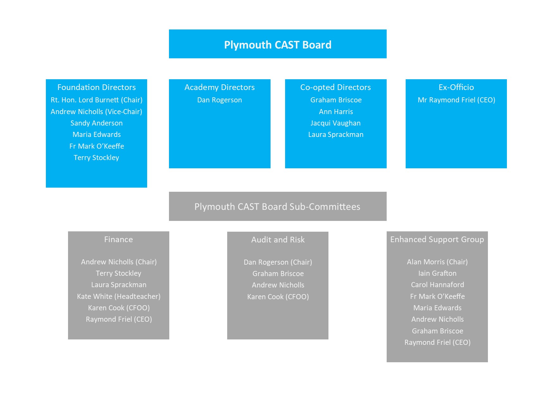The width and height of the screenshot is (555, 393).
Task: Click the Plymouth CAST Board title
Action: tap(277, 45)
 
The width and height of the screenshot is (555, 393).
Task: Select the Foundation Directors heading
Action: tap(97, 87)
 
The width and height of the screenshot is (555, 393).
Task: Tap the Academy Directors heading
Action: tap(220, 87)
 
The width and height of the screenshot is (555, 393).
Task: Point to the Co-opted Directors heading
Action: tap(335, 87)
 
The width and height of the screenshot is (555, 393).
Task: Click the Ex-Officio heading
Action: tap(456, 87)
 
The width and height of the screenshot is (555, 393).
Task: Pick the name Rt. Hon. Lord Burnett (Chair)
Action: tap(97, 100)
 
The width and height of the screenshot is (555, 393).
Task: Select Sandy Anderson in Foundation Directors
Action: tap(97, 123)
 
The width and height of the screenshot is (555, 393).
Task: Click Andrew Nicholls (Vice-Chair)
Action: tap(97, 112)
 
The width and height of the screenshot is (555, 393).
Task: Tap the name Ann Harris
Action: tap(336, 112)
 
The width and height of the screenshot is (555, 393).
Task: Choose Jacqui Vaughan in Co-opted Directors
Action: tap(335, 123)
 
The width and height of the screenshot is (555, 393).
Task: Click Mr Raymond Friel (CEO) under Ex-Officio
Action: tap(456, 100)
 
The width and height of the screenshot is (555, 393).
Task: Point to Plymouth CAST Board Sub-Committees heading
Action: tap(277, 207)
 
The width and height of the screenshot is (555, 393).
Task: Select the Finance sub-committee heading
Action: tap(119, 239)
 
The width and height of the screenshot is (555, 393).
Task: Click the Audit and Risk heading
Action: tap(278, 240)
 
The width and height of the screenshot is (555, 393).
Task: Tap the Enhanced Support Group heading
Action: tap(437, 240)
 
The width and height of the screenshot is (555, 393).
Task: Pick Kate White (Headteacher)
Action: tap(119, 297)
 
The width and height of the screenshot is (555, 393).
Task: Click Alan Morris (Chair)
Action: tap(437, 262)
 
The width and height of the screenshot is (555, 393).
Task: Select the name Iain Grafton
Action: tap(437, 273)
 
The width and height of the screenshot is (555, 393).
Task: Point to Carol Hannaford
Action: tap(437, 285)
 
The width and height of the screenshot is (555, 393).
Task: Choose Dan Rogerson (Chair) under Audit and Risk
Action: tap(278, 262)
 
